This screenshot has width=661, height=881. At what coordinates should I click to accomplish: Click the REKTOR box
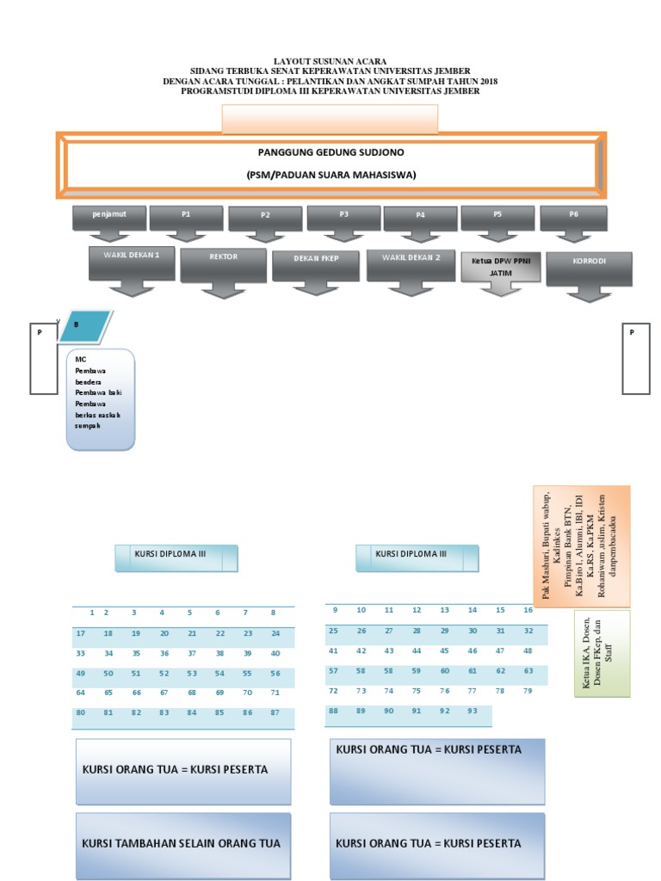pyautogui.click(x=223, y=264)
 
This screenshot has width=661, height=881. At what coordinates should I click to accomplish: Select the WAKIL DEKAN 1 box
pyautogui.click(x=132, y=262)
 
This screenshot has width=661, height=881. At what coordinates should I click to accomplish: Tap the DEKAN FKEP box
pyautogui.click(x=315, y=265)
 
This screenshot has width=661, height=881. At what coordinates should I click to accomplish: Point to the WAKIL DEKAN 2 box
pyautogui.click(x=410, y=264)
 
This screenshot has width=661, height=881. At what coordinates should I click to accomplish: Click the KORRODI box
pyautogui.click(x=589, y=268)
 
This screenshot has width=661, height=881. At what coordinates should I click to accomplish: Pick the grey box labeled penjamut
pyautogui.click(x=109, y=218)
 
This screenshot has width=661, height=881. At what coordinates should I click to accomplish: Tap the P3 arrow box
pyautogui.click(x=343, y=218)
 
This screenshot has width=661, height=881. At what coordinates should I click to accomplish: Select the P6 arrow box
pyautogui.click(x=573, y=218)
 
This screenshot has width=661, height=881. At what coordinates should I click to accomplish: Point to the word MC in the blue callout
pyautogui.click(x=80, y=358)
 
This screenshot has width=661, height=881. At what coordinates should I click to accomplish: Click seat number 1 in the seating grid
pyautogui.click(x=91, y=613)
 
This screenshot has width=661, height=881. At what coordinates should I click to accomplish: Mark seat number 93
pyautogui.click(x=472, y=711)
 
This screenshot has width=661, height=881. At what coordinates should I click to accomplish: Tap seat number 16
pyautogui.click(x=528, y=610)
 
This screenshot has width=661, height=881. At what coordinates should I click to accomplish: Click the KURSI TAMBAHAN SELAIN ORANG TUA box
pyautogui.click(x=182, y=843)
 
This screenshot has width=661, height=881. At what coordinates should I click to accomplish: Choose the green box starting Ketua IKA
pyautogui.click(x=601, y=653)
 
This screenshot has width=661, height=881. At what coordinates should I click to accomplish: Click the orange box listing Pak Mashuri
pyautogui.click(x=580, y=546)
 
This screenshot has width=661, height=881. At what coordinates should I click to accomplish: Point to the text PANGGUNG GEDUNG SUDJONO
pyautogui.click(x=331, y=152)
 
